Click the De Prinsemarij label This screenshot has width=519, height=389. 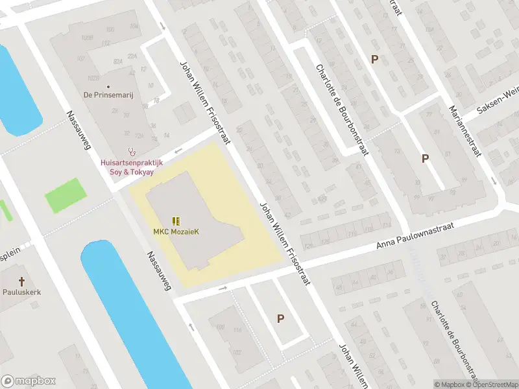point(108,95)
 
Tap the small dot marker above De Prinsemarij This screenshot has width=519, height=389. point(108,86)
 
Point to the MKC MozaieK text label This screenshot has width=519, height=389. point(175,232)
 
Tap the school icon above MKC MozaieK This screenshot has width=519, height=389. point(175,221)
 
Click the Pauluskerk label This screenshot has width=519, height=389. point(21,292)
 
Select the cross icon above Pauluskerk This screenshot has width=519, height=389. point(21,281)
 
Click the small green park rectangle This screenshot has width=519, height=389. point(65,194)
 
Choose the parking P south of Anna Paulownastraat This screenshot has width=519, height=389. point(280,318)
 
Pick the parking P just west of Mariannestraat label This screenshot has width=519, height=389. point(425,158)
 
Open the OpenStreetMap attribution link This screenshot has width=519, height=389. point(491,384)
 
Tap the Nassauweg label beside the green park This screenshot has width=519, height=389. point(78,130)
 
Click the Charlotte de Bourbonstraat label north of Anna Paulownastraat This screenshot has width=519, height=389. point(342,110)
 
